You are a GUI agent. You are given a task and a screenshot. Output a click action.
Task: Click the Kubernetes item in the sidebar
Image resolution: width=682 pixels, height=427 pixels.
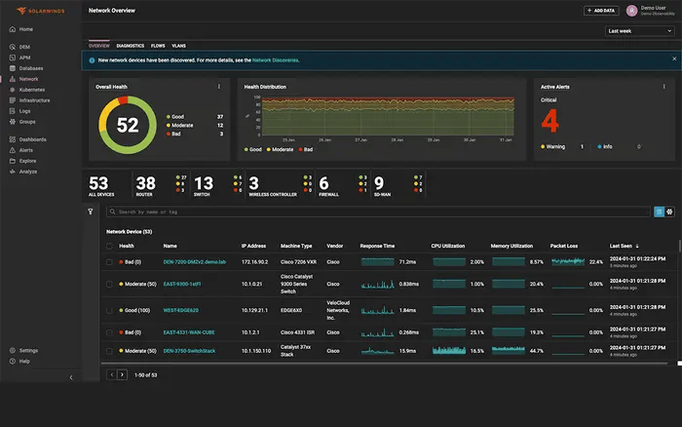point(31,89)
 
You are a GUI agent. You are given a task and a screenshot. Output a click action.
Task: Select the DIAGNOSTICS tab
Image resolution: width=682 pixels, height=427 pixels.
point(130,46)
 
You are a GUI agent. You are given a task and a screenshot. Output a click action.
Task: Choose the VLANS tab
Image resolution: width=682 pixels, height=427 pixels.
point(178,46)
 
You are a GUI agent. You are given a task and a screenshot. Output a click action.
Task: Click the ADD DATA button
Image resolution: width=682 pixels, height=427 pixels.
point(601,11)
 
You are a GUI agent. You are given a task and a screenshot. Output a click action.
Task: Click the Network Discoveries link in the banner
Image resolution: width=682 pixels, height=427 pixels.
point(276,60)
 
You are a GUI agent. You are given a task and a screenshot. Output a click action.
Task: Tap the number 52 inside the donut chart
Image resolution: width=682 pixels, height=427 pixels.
point(128,125)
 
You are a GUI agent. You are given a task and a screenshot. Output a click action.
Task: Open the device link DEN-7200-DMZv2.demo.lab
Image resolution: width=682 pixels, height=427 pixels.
point(194,262)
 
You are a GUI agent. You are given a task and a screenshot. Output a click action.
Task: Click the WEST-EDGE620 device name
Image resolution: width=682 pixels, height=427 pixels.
point(180,310)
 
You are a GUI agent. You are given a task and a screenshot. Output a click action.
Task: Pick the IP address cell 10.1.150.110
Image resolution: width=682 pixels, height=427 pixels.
point(258,350)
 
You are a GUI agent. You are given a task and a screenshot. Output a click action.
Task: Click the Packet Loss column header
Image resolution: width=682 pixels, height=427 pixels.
point(564,246)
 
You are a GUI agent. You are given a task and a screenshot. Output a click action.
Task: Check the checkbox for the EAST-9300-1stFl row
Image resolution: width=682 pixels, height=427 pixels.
point(109,284)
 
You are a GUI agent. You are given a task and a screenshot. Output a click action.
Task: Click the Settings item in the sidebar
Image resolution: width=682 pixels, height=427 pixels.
point(28,350)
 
